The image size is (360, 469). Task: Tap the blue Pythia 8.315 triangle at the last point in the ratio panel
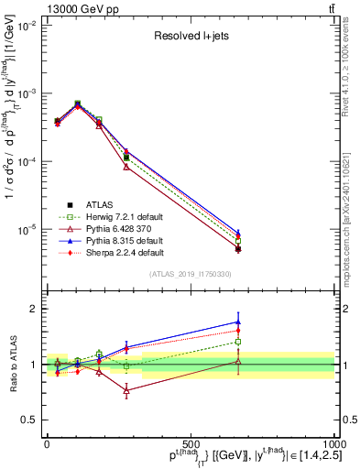[238, 322]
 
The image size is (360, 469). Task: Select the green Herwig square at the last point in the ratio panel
[238, 342]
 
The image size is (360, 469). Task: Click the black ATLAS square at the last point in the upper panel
[238, 249]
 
